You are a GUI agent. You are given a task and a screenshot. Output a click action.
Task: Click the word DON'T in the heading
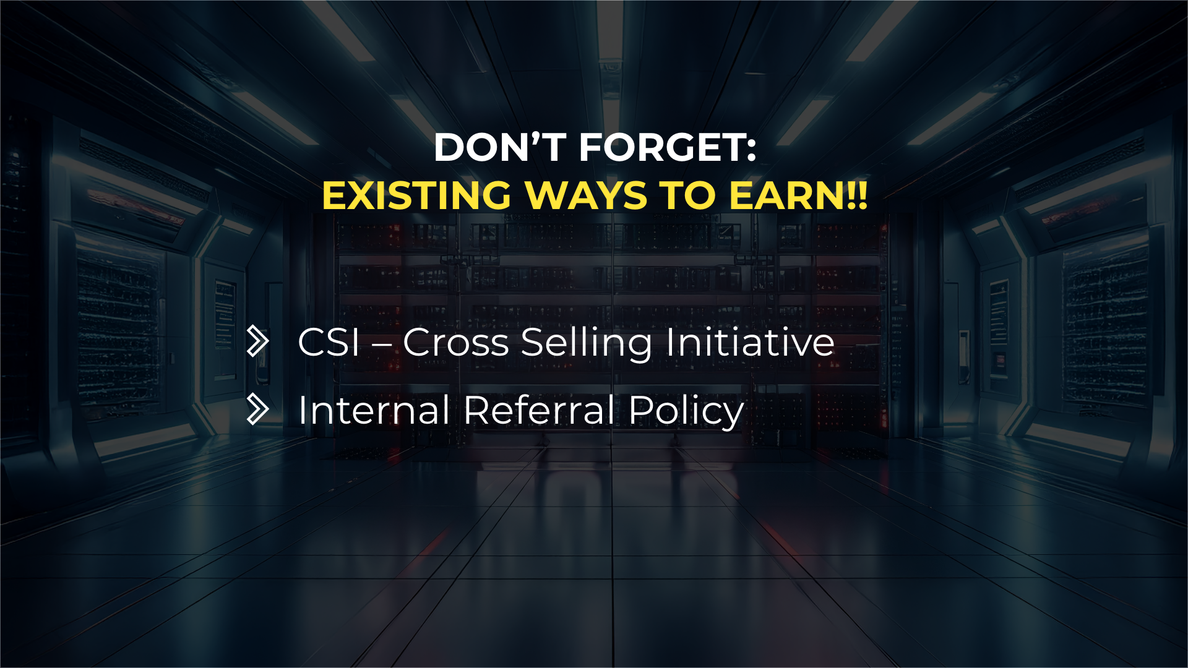click(x=500, y=148)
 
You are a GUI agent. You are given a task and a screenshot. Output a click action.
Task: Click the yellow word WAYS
click(x=586, y=195)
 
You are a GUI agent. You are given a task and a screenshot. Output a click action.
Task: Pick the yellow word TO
click(x=687, y=195)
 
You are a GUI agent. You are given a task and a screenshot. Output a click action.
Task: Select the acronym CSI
click(x=329, y=342)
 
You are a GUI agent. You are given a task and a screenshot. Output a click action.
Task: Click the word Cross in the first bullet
click(x=456, y=342)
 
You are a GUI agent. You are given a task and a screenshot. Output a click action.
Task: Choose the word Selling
click(x=587, y=344)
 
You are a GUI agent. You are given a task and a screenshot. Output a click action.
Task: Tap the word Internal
click(x=374, y=409)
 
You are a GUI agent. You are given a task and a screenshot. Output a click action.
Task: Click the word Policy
click(x=687, y=412)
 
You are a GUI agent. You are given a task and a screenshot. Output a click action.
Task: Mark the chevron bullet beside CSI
click(x=258, y=341)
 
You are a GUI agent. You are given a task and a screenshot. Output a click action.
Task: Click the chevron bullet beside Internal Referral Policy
click(x=258, y=409)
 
